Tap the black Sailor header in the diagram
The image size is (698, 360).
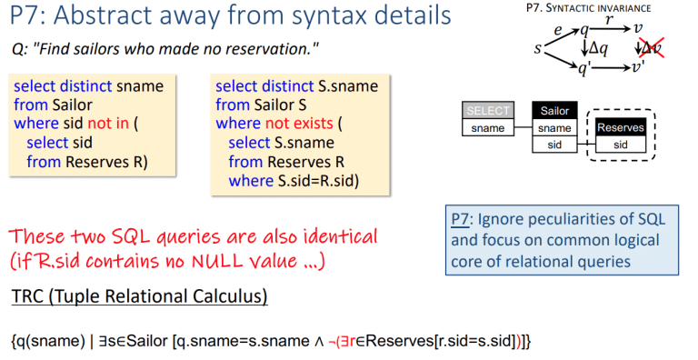point(554,111)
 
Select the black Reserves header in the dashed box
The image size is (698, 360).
point(620,128)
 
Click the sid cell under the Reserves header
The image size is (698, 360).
point(620,145)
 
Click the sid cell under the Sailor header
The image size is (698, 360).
point(554,145)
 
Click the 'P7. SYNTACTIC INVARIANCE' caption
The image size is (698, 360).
point(603,8)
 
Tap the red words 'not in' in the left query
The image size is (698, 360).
point(108,125)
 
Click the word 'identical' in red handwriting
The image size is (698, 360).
point(332,236)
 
